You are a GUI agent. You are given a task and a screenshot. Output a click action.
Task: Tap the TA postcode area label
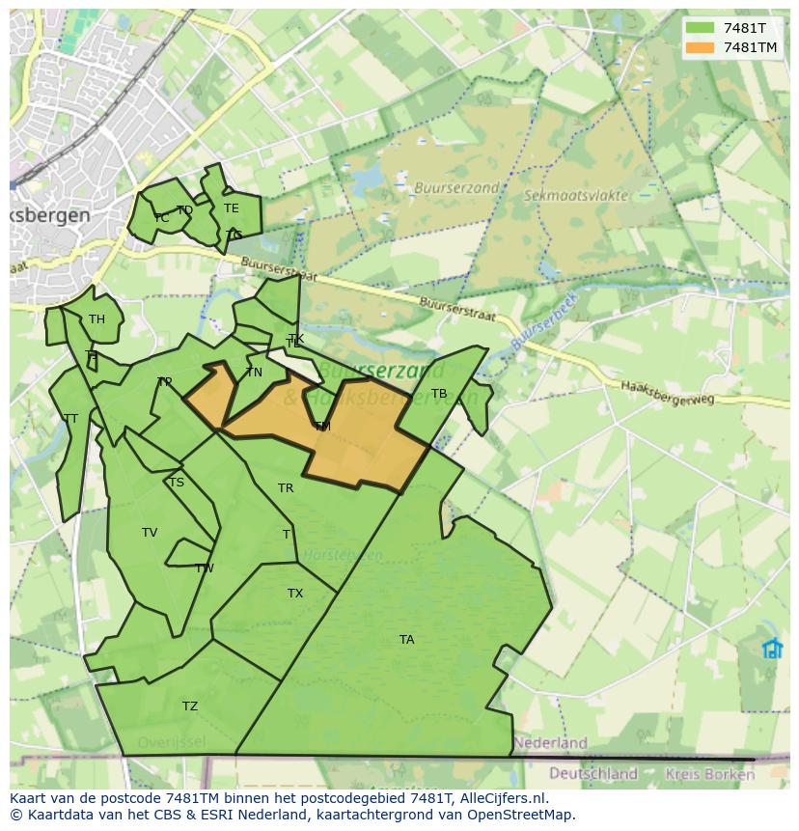point(407,640)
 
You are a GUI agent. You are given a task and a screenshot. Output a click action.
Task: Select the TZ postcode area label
point(190,706)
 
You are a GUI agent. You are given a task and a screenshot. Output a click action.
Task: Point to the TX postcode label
point(295,594)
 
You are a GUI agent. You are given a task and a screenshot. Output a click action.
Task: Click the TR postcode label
point(286,488)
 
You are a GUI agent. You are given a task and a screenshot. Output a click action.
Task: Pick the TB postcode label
point(439,394)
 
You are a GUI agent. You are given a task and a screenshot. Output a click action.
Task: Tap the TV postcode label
point(150,533)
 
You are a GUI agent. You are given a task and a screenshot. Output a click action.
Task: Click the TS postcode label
point(176,483)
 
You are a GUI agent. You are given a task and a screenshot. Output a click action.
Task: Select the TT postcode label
point(70,419)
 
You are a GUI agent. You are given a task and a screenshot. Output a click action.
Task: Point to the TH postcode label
point(96,319)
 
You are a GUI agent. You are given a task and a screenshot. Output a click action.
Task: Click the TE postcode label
point(231,208)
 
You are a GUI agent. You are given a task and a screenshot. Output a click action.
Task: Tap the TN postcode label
point(254,373)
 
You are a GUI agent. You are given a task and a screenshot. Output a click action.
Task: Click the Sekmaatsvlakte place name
point(576,195)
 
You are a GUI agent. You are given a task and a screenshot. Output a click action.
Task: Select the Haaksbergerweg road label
point(667,391)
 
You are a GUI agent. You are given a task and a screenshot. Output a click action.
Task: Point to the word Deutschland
point(593,773)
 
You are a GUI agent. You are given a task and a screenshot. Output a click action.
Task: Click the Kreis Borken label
point(718,774)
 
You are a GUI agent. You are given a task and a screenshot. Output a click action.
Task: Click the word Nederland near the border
point(550,743)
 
